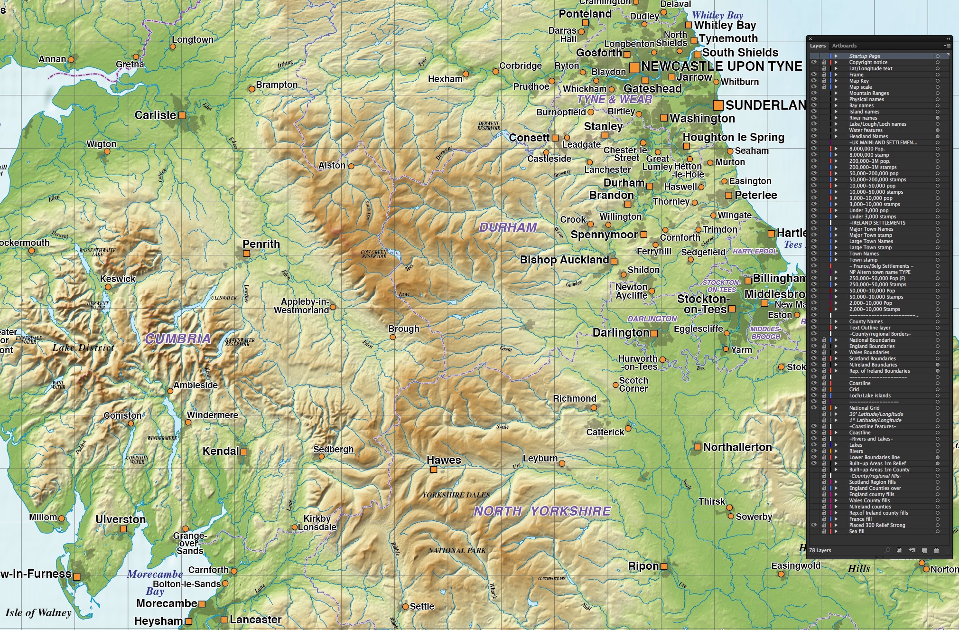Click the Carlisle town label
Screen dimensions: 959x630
pyautogui.click(x=155, y=115)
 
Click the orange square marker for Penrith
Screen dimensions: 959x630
pyautogui.click(x=246, y=254)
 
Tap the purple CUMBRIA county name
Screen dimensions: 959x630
pyautogui.click(x=178, y=339)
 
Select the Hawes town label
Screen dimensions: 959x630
pyautogui.click(x=444, y=460)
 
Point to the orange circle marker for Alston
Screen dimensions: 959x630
pyautogui.click(x=351, y=166)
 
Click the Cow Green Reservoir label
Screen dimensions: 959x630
pyautogui.click(x=374, y=254)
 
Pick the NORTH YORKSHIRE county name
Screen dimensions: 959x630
pyautogui.click(x=542, y=511)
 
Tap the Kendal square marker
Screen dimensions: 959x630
pyautogui.click(x=244, y=452)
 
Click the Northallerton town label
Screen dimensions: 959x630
pyautogui.click(x=737, y=447)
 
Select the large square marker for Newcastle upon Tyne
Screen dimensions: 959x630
pyautogui.click(x=634, y=67)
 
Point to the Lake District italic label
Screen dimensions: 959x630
pyautogui.click(x=84, y=348)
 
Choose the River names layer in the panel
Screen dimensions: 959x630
pyautogui.click(x=863, y=118)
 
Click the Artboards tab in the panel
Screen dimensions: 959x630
pyautogui.click(x=844, y=46)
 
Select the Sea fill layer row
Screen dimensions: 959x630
pyautogui.click(x=857, y=531)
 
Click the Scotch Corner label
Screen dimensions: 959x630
pyautogui.click(x=633, y=384)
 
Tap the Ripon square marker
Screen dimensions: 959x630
pyautogui.click(x=664, y=566)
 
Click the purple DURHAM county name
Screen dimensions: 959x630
pyautogui.click(x=508, y=227)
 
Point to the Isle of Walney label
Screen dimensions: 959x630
pyautogui.click(x=38, y=612)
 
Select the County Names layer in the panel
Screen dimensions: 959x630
pyautogui.click(x=866, y=321)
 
